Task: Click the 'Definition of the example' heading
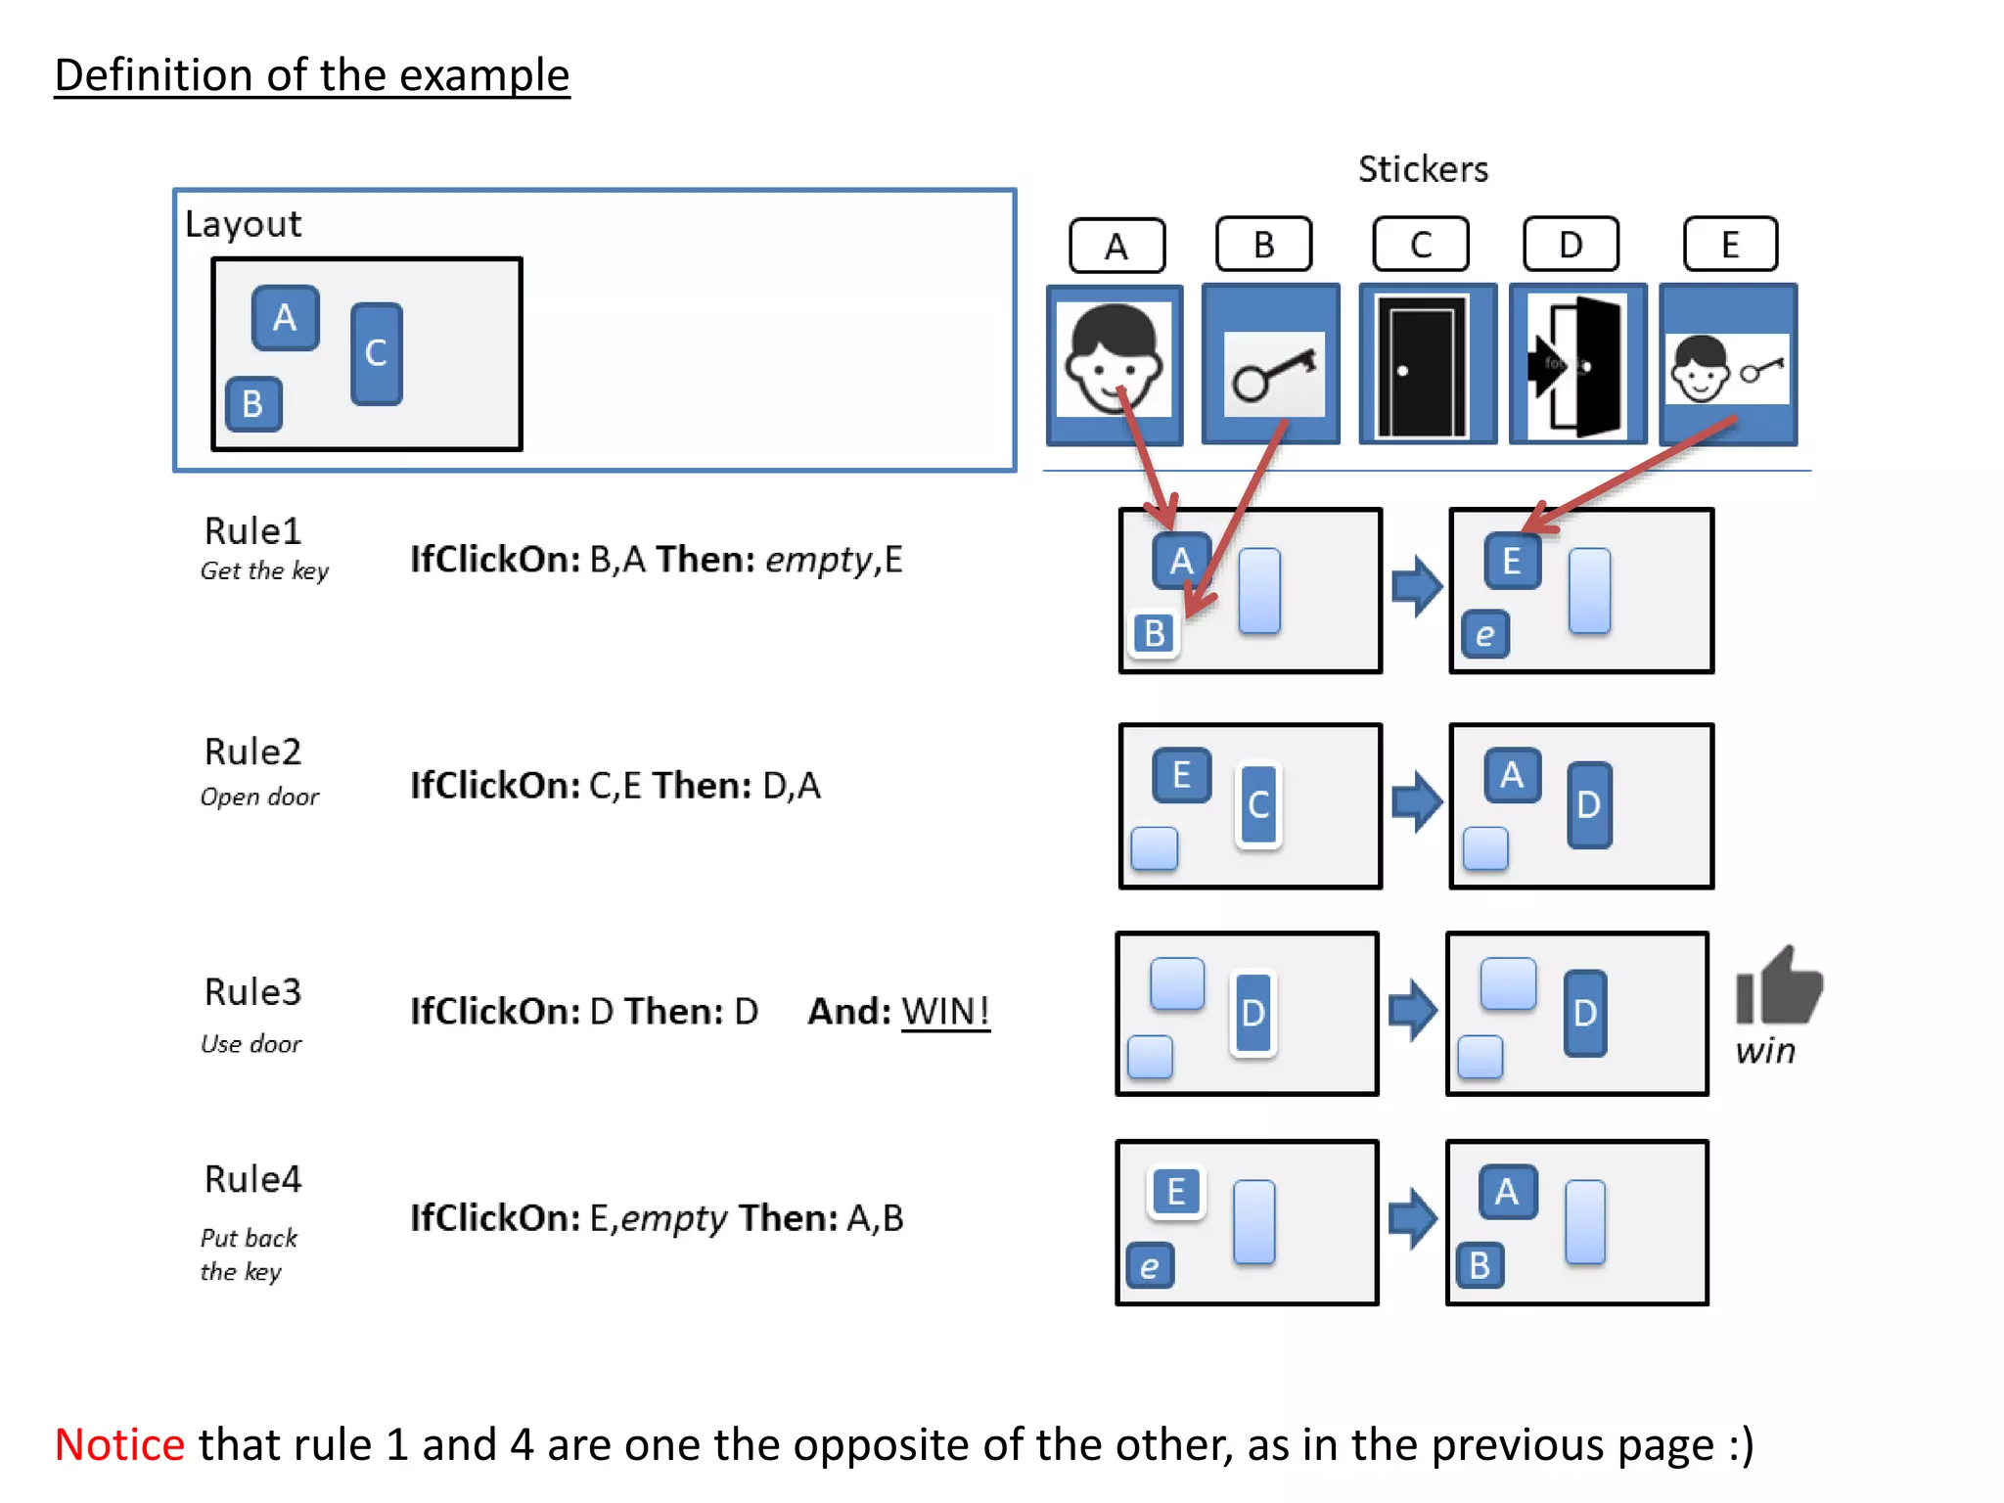[311, 75]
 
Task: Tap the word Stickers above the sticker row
[1423, 169]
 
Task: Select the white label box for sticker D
[1571, 245]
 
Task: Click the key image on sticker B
[1273, 373]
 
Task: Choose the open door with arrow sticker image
[1576, 366]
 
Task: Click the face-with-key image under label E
[1727, 369]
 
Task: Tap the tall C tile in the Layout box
[377, 353]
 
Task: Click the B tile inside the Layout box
[253, 404]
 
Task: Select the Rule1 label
[252, 531]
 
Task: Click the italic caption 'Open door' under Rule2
[259, 797]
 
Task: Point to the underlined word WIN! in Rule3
[944, 1011]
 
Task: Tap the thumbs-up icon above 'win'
[1777, 986]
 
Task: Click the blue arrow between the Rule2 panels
[1416, 801]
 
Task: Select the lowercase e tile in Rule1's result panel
[1485, 634]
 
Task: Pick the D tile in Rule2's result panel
[1588, 804]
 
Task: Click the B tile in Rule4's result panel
[1480, 1265]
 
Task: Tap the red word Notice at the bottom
[119, 1444]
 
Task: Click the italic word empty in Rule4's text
[673, 1218]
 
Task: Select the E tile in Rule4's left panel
[1175, 1192]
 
